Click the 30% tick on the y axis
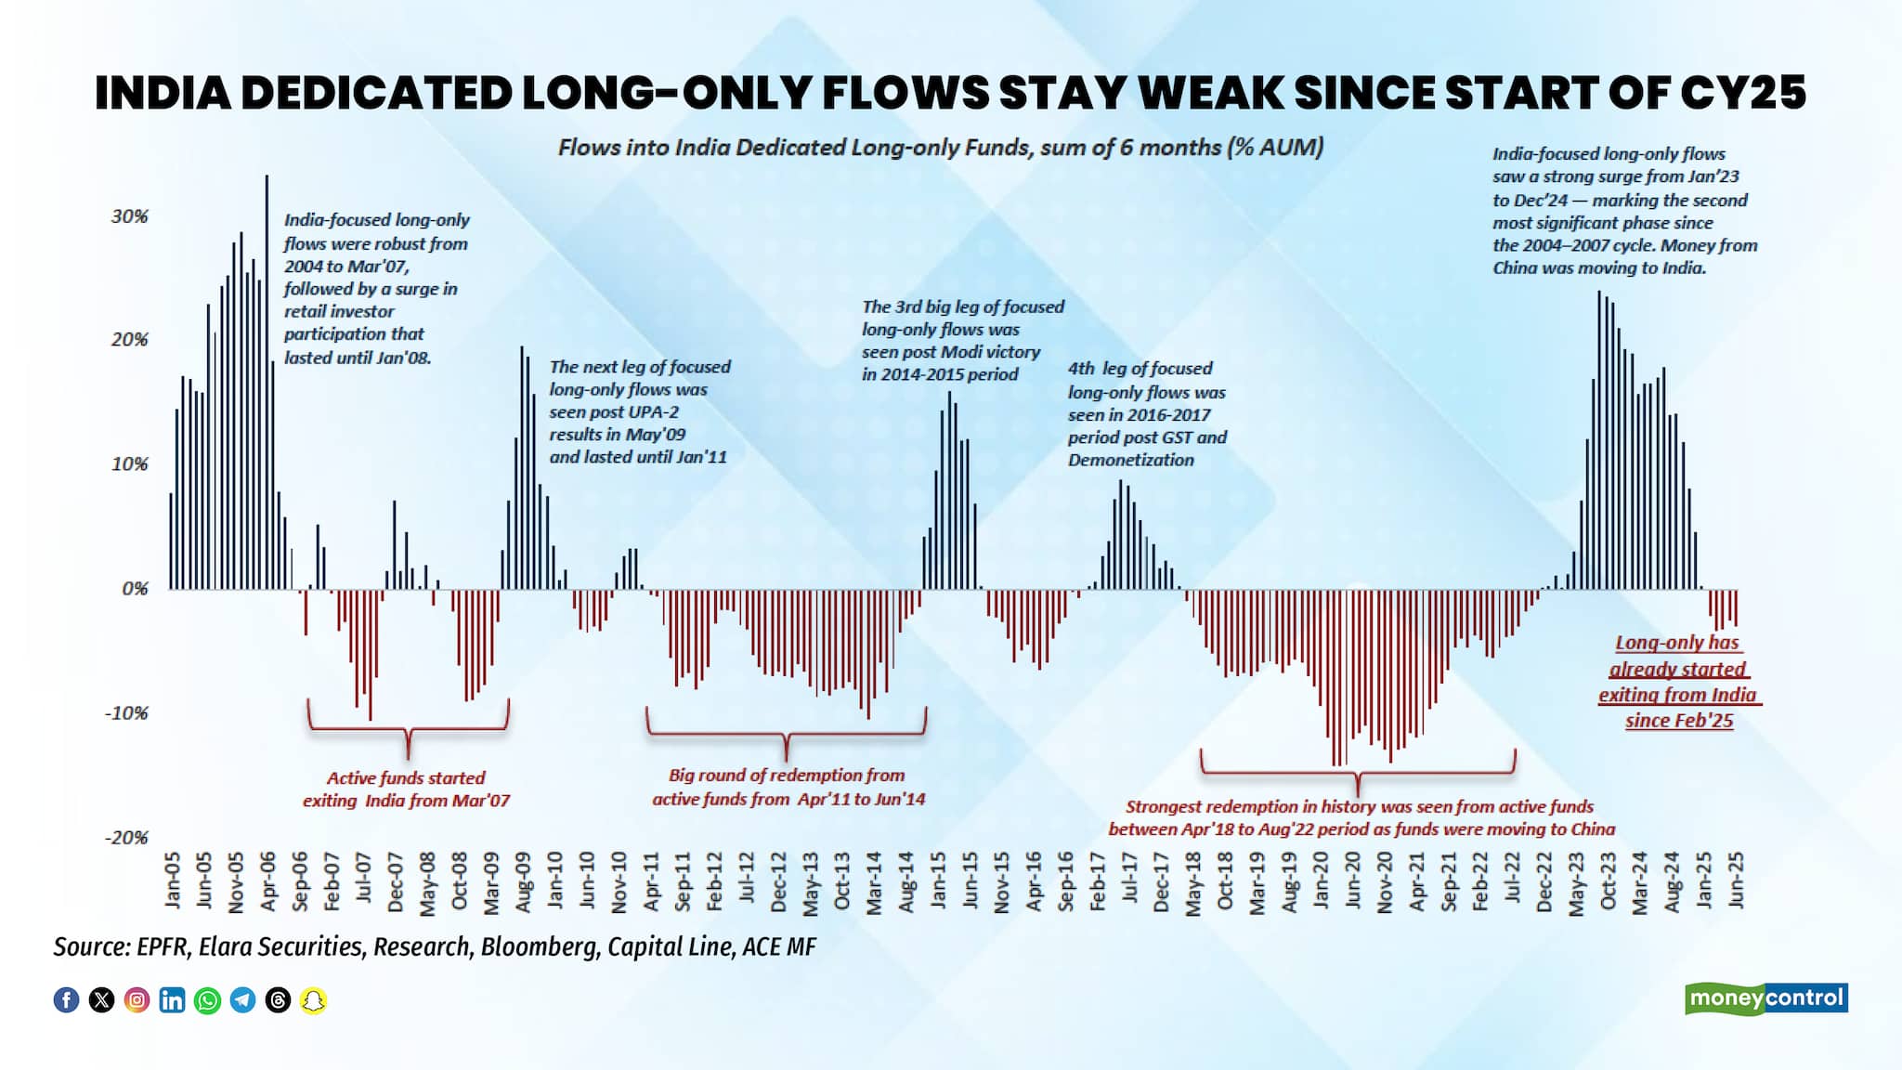[129, 216]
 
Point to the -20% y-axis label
[126, 838]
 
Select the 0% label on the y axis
[135, 589]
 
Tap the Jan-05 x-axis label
[173, 880]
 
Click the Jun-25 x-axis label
[1735, 880]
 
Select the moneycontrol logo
[1765, 998]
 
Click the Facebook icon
[66, 1000]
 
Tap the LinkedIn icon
[172, 1000]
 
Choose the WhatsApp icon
[207, 1000]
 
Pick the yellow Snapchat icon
[314, 1000]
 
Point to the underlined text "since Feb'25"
[1679, 721]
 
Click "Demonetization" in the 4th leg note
[1130, 460]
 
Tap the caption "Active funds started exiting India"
[406, 789]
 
